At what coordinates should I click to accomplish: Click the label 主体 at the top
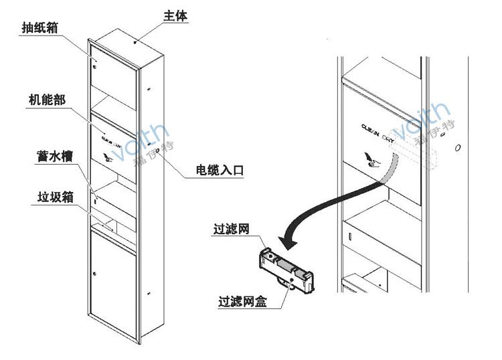175,15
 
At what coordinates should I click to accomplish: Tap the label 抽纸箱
38,27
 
